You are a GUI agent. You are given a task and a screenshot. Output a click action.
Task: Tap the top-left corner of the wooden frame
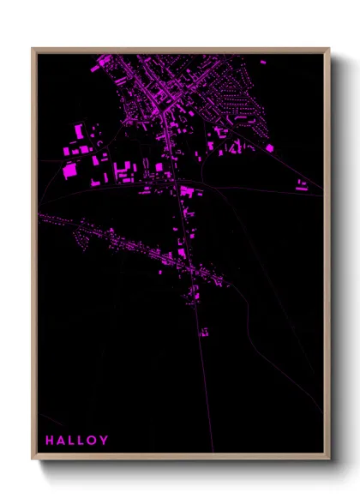[33, 49]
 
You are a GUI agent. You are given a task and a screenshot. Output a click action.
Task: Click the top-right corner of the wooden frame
[329, 49]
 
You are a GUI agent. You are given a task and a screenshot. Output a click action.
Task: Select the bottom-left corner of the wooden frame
[33, 459]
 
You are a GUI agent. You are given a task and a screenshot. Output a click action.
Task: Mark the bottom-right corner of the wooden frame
[329, 459]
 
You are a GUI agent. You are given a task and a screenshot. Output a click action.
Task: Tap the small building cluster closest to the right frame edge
[302, 184]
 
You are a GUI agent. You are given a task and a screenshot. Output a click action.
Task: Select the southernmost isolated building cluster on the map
[204, 332]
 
